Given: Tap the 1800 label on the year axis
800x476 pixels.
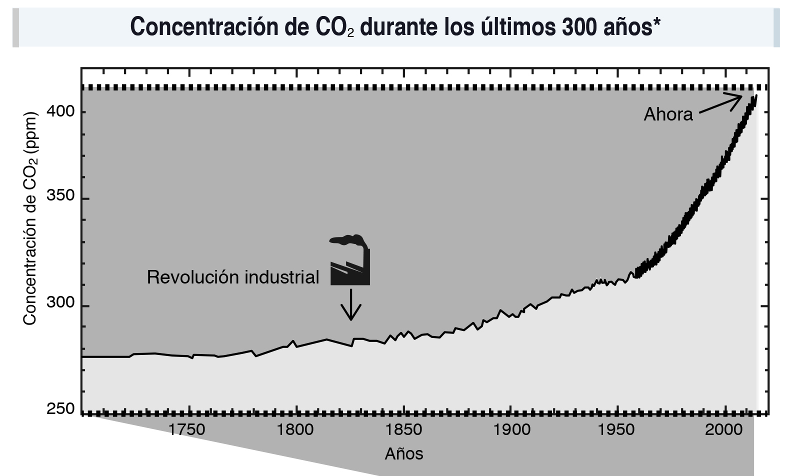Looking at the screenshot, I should (296, 429).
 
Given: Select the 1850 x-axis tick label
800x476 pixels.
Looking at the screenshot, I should (403, 429).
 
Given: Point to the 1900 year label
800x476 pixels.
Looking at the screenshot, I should (511, 429).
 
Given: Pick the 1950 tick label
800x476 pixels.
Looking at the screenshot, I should (619, 429).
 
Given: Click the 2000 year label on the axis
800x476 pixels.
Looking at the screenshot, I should (727, 429).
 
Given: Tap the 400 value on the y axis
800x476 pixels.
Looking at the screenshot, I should (60, 111).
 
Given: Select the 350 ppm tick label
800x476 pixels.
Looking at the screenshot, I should (60, 196).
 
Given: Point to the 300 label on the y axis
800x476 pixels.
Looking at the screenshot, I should (60, 303).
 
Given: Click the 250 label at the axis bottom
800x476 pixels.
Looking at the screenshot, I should (60, 409).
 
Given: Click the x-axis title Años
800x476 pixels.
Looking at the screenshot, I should (404, 453).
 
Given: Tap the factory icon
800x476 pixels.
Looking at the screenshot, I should (350, 260).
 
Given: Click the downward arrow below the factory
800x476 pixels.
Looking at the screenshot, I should (351, 304).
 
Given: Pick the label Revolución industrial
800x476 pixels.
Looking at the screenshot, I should (233, 276).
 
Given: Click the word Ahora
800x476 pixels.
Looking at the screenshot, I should (668, 114).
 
